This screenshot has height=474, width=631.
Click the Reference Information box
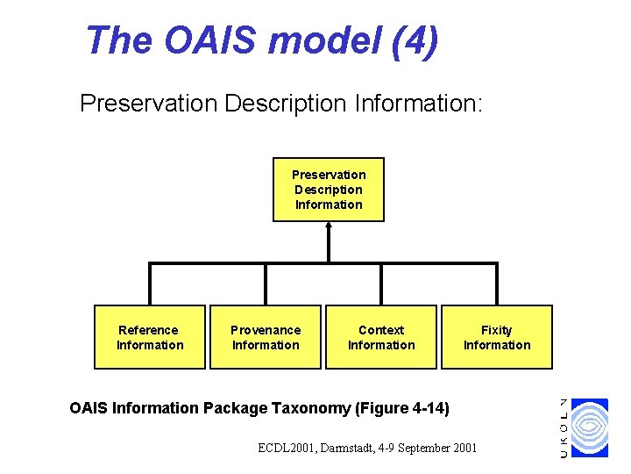[150, 337]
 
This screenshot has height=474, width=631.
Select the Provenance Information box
[266, 337]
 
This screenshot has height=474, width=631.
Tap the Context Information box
[381, 337]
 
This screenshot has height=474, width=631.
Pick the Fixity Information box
[497, 337]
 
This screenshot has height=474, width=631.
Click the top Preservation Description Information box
[329, 190]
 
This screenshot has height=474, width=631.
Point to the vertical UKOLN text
[564, 427]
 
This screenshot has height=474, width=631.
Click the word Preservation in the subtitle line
[148, 104]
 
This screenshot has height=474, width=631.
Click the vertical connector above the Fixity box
[497, 284]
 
